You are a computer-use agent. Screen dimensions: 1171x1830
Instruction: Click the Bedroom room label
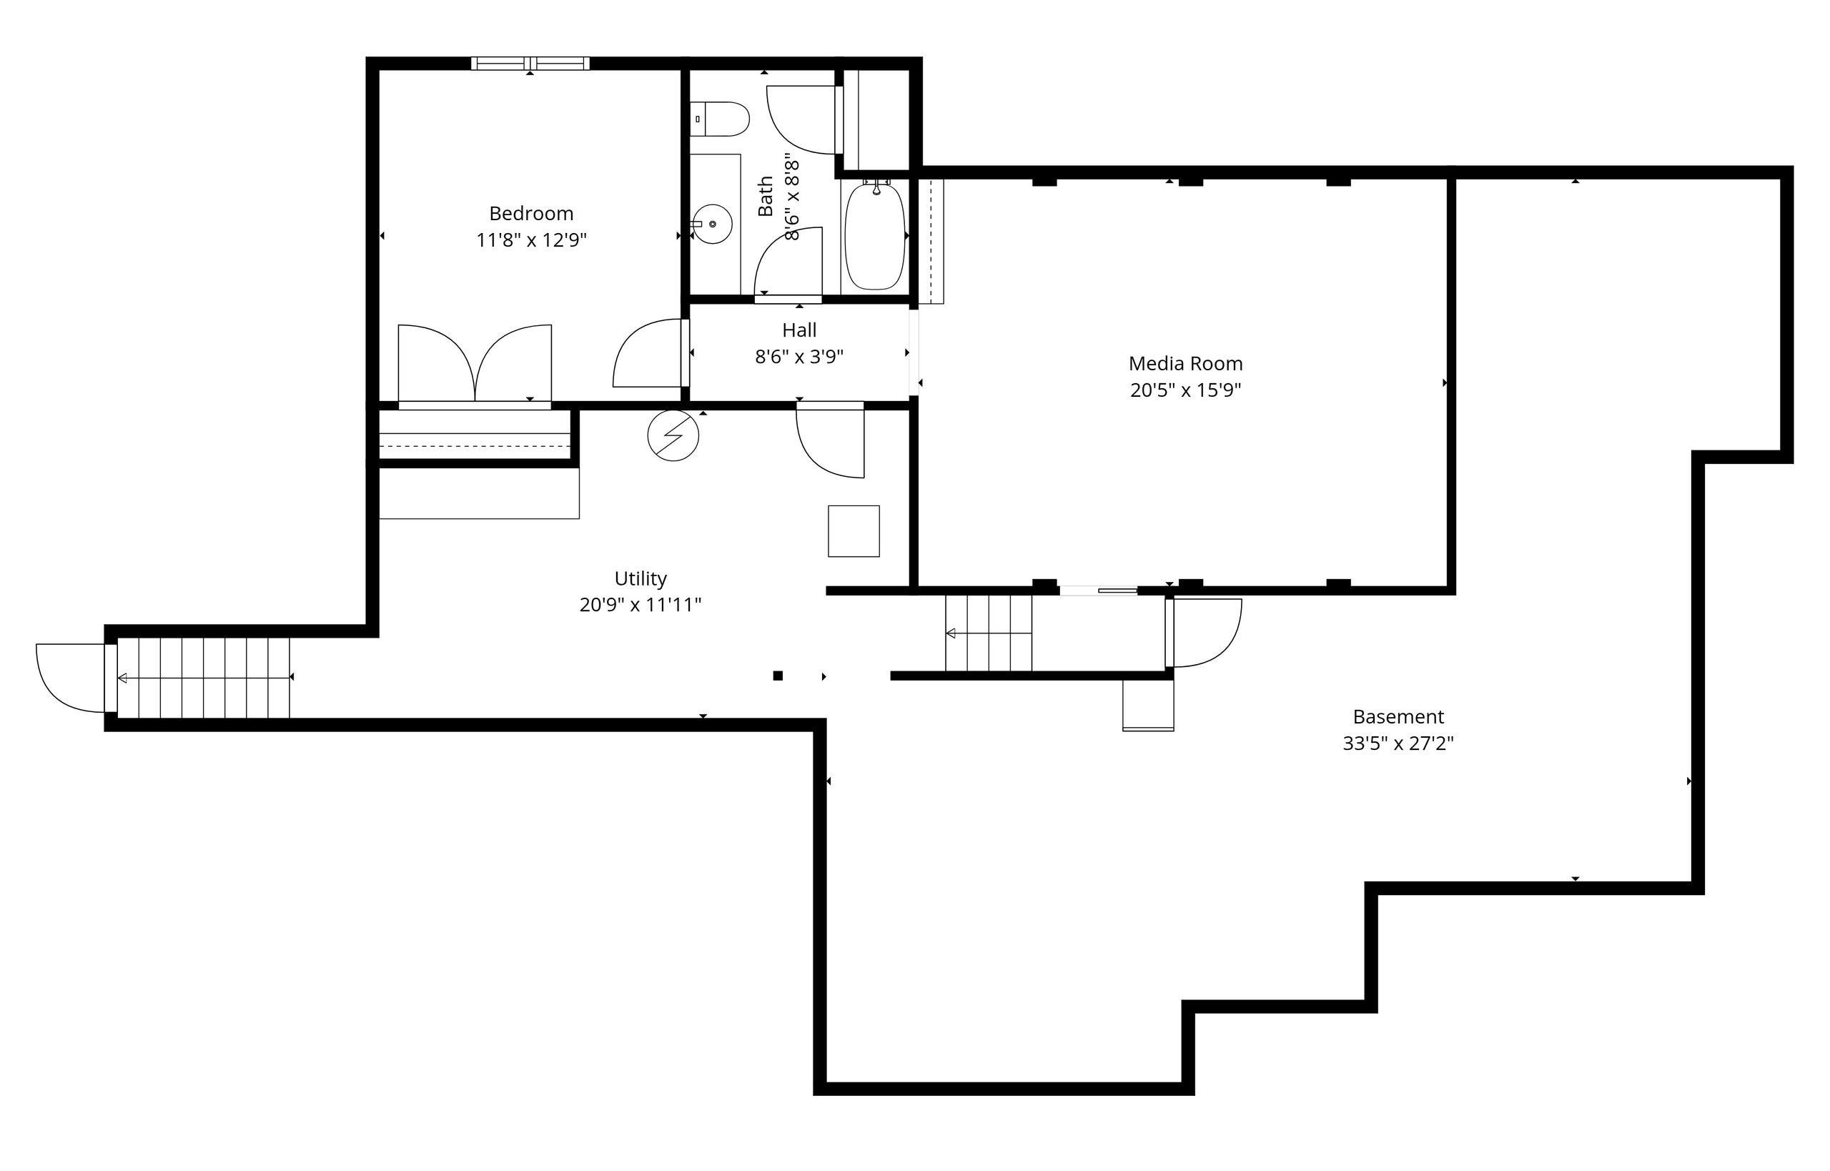(x=530, y=214)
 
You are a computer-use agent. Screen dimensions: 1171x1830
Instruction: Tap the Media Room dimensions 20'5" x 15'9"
(x=1185, y=391)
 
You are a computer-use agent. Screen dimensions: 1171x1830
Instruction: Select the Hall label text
(x=799, y=330)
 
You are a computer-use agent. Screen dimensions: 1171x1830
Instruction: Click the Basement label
(x=1398, y=717)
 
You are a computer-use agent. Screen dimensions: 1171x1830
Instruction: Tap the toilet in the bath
(x=721, y=119)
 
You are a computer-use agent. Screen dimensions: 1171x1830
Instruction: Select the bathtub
(x=874, y=236)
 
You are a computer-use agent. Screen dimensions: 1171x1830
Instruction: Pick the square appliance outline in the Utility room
(x=853, y=530)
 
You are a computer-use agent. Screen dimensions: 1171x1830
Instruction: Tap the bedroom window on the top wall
(x=530, y=63)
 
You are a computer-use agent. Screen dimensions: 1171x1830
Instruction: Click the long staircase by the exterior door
(x=204, y=678)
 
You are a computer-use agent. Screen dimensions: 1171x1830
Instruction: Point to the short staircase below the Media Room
(x=988, y=633)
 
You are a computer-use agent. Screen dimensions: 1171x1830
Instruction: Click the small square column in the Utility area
(x=777, y=676)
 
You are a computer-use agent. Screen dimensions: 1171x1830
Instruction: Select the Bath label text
(x=766, y=196)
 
